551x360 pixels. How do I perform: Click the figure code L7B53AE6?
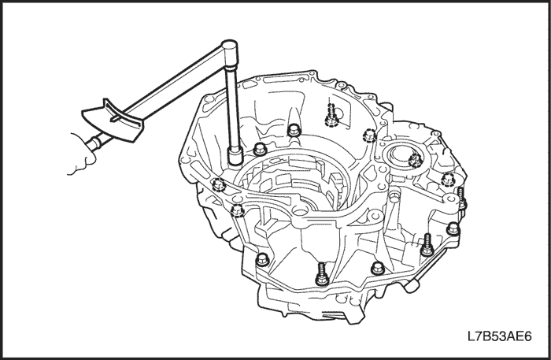point(499,336)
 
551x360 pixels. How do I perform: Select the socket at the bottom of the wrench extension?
point(235,156)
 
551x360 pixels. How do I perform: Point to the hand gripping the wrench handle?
point(82,154)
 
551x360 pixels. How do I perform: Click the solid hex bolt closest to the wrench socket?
point(259,149)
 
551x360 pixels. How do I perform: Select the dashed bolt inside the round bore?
point(416,160)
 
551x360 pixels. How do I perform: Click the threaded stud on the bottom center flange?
point(322,274)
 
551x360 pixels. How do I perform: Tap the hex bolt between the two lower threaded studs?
point(378,269)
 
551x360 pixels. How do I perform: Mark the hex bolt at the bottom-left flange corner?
point(262,260)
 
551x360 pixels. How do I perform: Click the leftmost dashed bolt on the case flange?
point(218,184)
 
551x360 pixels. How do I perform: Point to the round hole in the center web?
point(299,212)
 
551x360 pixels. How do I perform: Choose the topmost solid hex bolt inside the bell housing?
point(294,131)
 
